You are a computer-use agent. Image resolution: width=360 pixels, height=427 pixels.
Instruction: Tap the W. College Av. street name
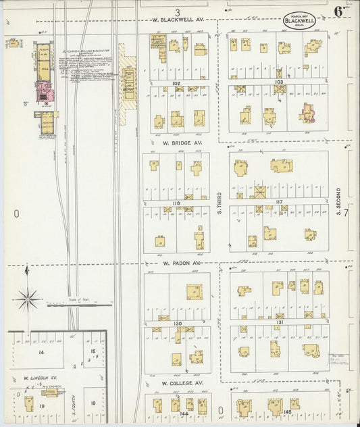coord(182,383)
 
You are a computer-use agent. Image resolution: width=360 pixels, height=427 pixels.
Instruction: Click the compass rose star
coord(28,298)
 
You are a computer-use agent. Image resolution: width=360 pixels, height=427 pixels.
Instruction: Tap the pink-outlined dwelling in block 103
coord(307,113)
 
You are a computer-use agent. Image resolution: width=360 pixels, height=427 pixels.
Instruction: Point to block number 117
coord(278,201)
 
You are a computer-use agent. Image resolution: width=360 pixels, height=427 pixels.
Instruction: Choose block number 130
coord(178,324)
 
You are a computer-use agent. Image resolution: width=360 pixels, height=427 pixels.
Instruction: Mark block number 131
coord(279,324)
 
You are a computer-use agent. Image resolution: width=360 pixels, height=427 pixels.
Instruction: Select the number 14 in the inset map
coord(41,353)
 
